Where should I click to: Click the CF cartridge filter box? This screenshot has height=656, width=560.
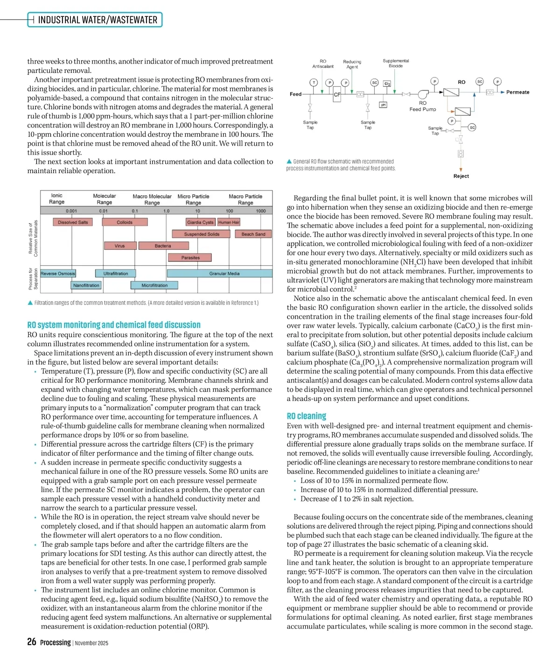(x=337, y=95)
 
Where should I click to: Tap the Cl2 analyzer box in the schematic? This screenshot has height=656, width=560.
(x=387, y=84)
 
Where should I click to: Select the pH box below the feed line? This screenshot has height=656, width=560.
(x=383, y=105)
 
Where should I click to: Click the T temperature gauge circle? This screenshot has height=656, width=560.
(x=314, y=83)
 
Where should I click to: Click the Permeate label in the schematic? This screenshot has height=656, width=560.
(x=518, y=92)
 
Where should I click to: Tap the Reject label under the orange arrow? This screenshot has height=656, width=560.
(x=461, y=176)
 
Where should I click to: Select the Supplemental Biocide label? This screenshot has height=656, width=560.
(x=396, y=63)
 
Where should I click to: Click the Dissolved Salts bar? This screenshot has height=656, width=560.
(x=73, y=222)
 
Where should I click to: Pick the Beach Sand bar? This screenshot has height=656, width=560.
(x=253, y=234)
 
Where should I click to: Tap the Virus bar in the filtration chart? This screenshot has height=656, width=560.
(x=120, y=246)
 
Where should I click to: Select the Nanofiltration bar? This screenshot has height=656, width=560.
(x=86, y=285)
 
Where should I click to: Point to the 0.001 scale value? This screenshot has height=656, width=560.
(x=71, y=211)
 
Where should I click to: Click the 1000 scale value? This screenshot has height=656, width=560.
(x=261, y=211)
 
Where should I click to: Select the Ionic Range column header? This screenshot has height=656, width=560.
(x=57, y=199)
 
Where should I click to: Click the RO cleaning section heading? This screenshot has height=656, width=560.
(x=306, y=416)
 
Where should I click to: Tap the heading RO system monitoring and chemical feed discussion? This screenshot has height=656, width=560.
(x=114, y=325)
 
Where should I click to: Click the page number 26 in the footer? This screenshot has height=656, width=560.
(x=32, y=642)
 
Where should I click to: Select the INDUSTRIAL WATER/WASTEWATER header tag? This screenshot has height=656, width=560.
(x=98, y=20)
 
